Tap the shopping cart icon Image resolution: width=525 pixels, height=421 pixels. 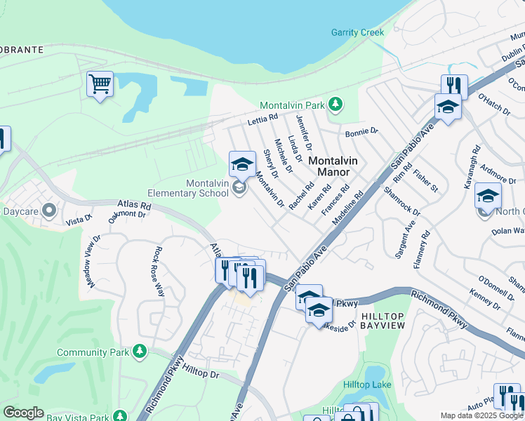pyautogui.click(x=100, y=84)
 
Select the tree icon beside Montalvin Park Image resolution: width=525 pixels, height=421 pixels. pyautogui.click(x=336, y=105)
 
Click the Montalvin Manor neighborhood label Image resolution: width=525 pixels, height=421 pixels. pyautogui.click(x=333, y=166)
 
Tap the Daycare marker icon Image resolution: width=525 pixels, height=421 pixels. pyautogui.click(x=48, y=210)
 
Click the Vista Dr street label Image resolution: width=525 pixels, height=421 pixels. pyautogui.click(x=79, y=220)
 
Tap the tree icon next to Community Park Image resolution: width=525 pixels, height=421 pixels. pyautogui.click(x=140, y=352)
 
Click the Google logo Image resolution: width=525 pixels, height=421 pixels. pyautogui.click(x=23, y=413)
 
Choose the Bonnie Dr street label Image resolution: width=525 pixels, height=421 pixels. pyautogui.click(x=361, y=132)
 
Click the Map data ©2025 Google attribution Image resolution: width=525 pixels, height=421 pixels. pyautogui.click(x=481, y=415)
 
